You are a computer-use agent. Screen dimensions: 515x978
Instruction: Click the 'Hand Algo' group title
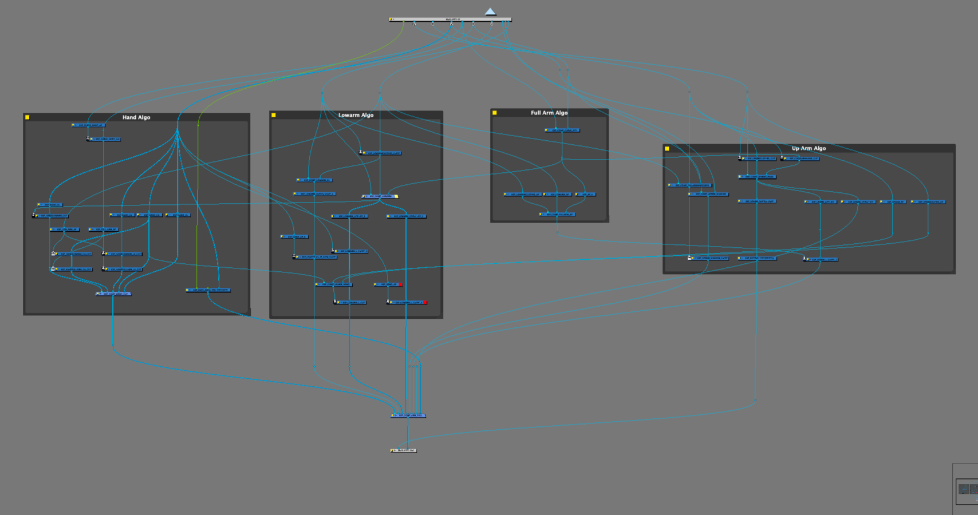click(x=136, y=117)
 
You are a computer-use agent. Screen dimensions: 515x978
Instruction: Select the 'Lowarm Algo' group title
click(x=356, y=115)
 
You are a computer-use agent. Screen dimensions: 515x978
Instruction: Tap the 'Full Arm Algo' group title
click(x=549, y=113)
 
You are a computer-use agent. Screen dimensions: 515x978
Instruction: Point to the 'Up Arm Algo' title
click(x=809, y=148)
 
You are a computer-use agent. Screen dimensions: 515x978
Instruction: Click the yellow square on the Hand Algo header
click(x=27, y=117)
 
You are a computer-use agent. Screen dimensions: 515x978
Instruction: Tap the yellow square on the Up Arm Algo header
click(x=667, y=149)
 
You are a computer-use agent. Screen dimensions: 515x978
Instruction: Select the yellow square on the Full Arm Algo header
click(x=495, y=113)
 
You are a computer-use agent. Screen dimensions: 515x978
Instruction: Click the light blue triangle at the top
click(x=490, y=11)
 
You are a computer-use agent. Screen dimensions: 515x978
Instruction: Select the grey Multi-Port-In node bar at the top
click(x=450, y=19)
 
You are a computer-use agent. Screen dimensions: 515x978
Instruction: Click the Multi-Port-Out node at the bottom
click(x=404, y=450)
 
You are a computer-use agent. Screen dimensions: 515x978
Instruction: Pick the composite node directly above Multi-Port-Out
click(x=408, y=415)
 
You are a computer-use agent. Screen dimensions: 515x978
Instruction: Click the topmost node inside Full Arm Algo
click(x=562, y=130)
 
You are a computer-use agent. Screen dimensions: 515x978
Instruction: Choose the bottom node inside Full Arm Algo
click(x=557, y=215)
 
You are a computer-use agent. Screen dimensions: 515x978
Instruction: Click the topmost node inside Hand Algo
click(x=88, y=125)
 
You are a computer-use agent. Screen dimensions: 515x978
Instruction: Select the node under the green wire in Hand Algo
click(x=208, y=290)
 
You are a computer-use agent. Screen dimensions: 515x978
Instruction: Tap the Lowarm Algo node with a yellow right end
click(x=380, y=196)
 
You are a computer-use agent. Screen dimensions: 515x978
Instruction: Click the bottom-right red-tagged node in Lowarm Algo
click(x=408, y=302)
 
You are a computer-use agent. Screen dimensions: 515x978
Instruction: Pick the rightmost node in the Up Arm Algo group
click(x=928, y=202)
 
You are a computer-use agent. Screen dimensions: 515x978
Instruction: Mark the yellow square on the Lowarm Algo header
click(x=274, y=115)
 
